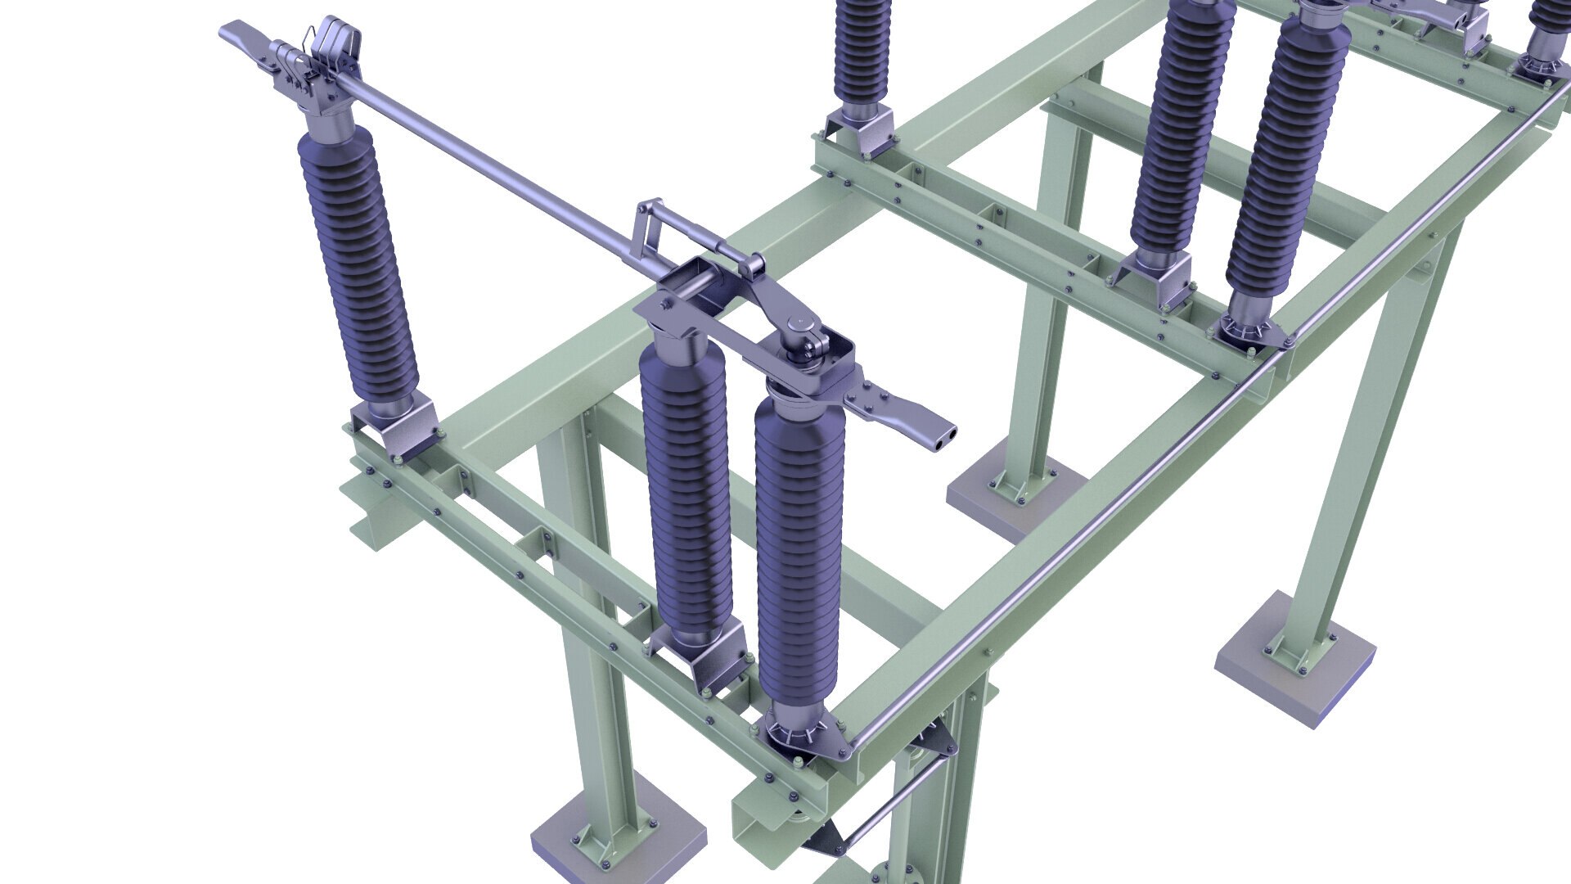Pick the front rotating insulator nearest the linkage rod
point(798,557)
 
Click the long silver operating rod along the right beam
point(1146,491)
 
